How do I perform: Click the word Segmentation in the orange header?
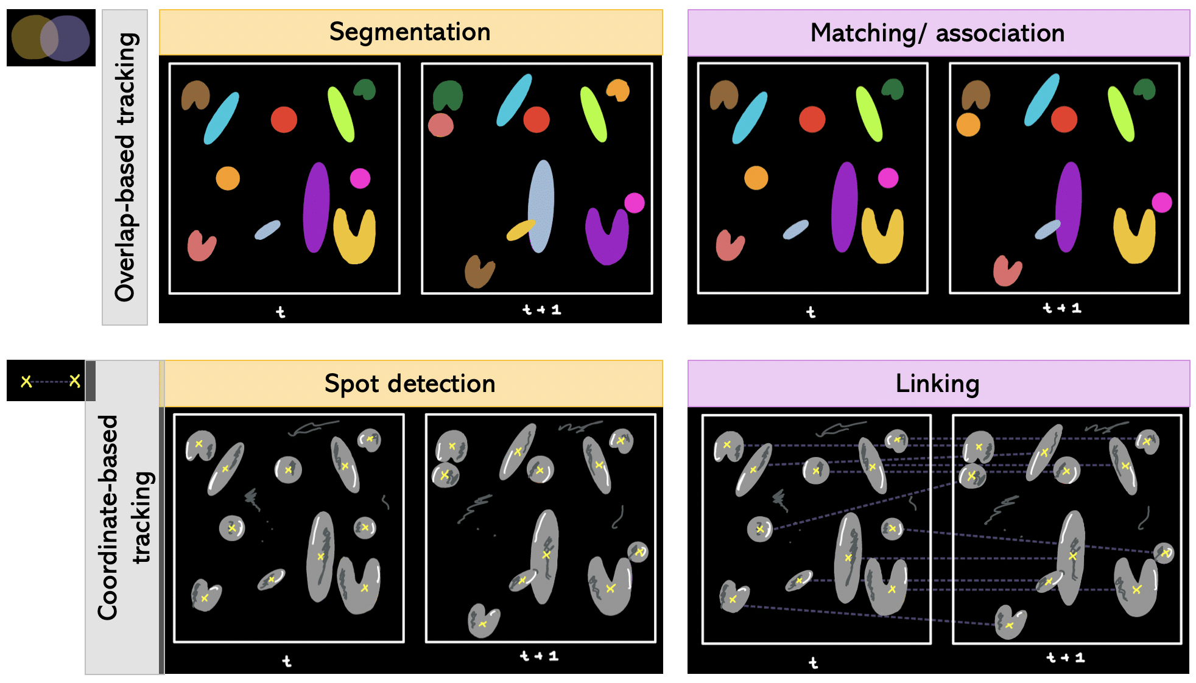[409, 32]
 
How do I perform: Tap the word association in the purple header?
[1000, 33]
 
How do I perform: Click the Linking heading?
[937, 384]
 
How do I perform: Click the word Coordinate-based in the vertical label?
[108, 517]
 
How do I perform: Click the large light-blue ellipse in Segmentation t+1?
[541, 204]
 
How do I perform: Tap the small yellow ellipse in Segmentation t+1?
[520, 231]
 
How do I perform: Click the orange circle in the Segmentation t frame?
[228, 178]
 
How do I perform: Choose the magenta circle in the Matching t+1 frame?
[1161, 202]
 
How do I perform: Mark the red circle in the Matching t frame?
[812, 119]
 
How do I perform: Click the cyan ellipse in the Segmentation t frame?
[221, 118]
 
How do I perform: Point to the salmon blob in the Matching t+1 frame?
[1007, 270]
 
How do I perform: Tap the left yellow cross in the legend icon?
[26, 382]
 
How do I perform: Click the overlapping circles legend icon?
[51, 38]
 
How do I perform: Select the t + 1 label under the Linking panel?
[1064, 657]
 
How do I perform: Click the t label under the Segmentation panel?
[280, 312]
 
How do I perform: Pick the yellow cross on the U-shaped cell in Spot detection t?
[364, 587]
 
